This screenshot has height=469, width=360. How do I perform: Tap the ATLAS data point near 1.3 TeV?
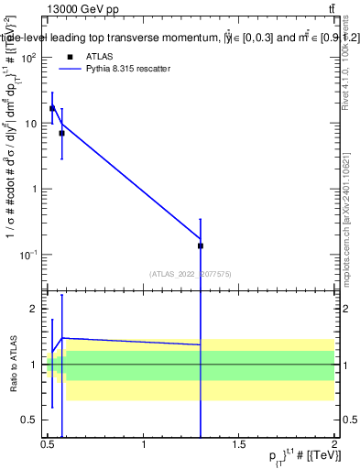(200, 245)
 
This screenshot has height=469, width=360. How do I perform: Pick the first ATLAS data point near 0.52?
(52, 108)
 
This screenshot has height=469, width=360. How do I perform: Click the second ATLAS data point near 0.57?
(61, 133)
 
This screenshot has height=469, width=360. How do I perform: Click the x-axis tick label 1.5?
(239, 446)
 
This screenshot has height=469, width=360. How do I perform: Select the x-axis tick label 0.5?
(49, 446)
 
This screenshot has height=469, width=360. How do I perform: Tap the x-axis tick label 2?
(333, 446)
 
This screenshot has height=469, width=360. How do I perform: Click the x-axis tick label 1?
(144, 446)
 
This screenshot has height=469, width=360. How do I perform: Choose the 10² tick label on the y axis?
(28, 58)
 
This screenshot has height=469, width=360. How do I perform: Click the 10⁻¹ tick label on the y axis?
(28, 255)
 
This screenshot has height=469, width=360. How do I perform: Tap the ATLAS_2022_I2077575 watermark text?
(191, 274)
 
